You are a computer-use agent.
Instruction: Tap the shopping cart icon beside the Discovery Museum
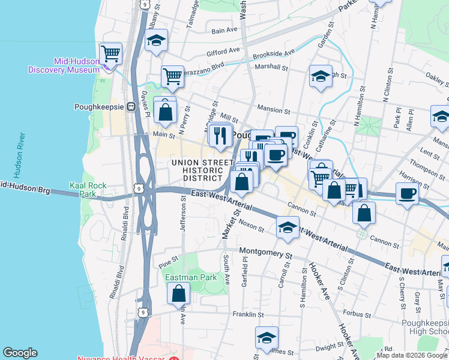pyautogui.click(x=110, y=54)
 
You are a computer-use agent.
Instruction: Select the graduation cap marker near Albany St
pyautogui.click(x=157, y=41)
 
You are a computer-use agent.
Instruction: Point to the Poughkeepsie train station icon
pyautogui.click(x=129, y=107)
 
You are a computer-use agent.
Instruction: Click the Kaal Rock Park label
pyautogui.click(x=83, y=190)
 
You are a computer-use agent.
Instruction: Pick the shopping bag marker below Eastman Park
pyautogui.click(x=179, y=294)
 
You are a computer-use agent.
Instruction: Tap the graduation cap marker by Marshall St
pyautogui.click(x=321, y=77)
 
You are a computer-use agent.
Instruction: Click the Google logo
pyautogui.click(x=20, y=353)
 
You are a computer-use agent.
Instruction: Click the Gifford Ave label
pyautogui.click(x=223, y=52)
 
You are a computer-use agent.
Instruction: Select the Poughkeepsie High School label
pyautogui.click(x=426, y=327)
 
